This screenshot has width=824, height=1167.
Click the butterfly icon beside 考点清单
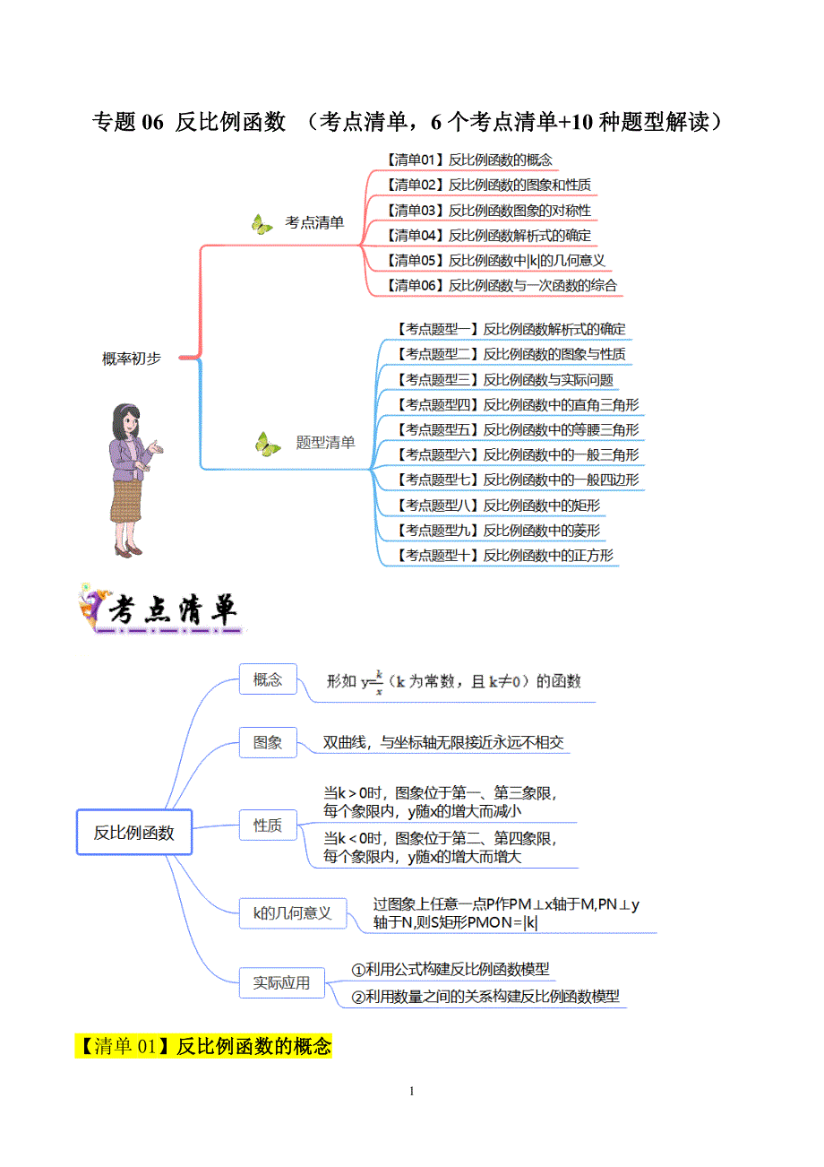pyautogui.click(x=262, y=224)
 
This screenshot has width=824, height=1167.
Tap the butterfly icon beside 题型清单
pyautogui.click(x=267, y=444)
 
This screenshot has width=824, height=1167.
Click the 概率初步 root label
pyautogui.click(x=132, y=359)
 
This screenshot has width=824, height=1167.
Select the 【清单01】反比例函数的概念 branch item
pyautogui.click(x=469, y=160)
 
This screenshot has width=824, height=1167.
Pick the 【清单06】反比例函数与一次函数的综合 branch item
pyautogui.click(x=502, y=286)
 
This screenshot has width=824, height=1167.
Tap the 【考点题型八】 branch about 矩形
pyautogui.click(x=497, y=505)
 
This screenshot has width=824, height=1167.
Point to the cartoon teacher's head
pyautogui.click(x=124, y=419)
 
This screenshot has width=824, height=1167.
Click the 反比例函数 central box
pyautogui.click(x=134, y=832)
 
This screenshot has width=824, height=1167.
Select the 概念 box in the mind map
pyautogui.click(x=268, y=679)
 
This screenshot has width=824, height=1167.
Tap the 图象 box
pyautogui.click(x=268, y=742)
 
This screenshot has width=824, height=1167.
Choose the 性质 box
pyautogui.click(x=268, y=826)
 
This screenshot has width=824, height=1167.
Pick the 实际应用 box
pyautogui.click(x=281, y=983)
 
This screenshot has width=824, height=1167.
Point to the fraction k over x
pyautogui.click(x=379, y=682)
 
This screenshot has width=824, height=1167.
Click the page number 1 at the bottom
pyautogui.click(x=411, y=1091)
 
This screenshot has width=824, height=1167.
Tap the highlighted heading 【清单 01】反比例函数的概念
pyautogui.click(x=203, y=1046)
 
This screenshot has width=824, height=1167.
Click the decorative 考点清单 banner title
pyautogui.click(x=161, y=612)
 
